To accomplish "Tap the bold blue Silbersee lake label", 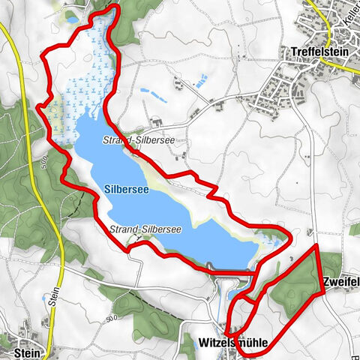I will coord(125,190).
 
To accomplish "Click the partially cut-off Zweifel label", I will coord(341,282).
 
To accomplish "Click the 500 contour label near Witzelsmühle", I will coord(113,320).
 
